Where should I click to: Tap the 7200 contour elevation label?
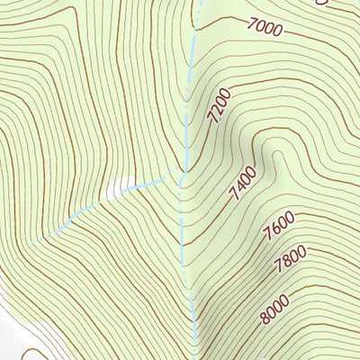(x=220, y=106)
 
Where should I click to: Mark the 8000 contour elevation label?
(x=276, y=308)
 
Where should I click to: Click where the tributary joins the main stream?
(x=181, y=175)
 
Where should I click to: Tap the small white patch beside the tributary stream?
(x=113, y=191)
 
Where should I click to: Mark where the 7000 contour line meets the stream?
(x=194, y=17)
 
